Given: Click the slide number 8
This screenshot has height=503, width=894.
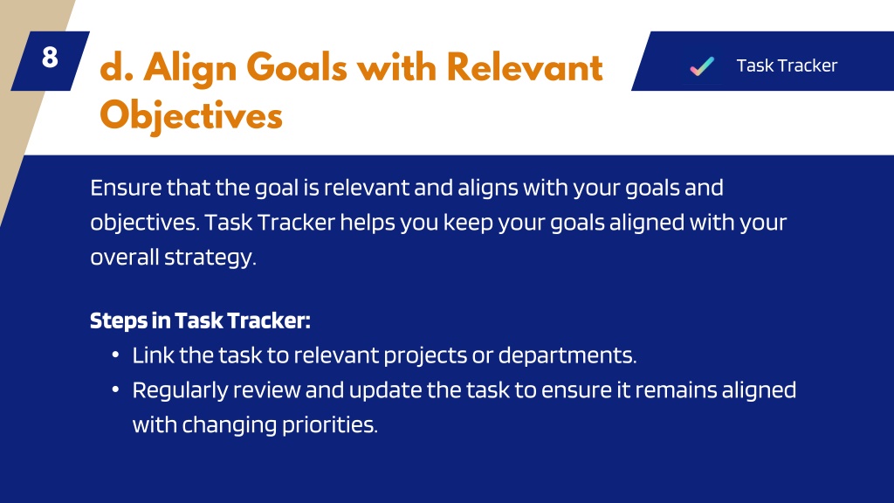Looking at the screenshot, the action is [x=50, y=57].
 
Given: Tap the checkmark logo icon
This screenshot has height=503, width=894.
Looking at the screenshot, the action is [x=702, y=66].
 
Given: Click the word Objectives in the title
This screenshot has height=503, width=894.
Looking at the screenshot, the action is [x=191, y=116].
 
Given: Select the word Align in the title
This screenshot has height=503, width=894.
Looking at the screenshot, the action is [x=189, y=68].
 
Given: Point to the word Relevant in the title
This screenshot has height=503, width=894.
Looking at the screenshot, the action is [x=525, y=67].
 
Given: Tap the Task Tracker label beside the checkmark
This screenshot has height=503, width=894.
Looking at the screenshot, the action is [x=787, y=65].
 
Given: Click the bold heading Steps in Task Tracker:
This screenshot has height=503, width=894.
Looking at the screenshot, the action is [x=200, y=320].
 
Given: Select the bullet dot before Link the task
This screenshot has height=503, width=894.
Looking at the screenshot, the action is [x=115, y=355].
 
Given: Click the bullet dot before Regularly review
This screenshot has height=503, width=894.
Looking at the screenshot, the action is [x=115, y=390].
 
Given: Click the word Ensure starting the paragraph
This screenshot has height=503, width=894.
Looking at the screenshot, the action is [x=126, y=188].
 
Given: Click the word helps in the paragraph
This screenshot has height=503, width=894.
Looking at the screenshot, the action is [x=368, y=223].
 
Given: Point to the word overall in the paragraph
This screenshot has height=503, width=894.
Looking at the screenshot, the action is [x=124, y=258].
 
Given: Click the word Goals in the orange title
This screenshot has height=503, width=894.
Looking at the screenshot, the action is [x=297, y=67].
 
